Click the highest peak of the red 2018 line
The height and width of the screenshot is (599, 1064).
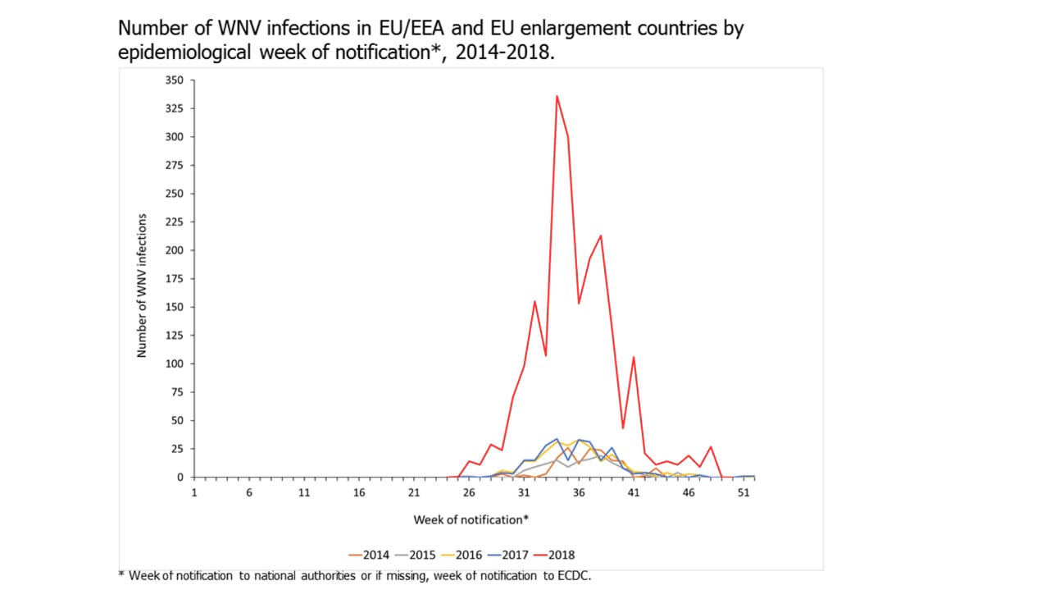click(557, 96)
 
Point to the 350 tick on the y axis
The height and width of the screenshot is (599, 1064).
click(175, 80)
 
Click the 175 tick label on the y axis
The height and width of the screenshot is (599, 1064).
click(175, 279)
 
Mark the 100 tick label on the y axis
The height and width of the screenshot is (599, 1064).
click(175, 364)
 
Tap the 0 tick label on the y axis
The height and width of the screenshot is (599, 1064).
click(180, 477)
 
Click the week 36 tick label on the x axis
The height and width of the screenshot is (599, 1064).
click(579, 493)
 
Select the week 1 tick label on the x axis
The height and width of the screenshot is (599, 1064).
click(194, 493)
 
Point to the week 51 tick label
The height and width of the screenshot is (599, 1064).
click(743, 493)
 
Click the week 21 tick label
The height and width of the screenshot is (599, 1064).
click(414, 493)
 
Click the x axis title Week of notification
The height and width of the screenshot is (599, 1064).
click(471, 519)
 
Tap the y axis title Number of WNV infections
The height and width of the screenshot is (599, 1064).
click(142, 286)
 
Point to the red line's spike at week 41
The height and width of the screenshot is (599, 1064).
click(634, 357)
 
